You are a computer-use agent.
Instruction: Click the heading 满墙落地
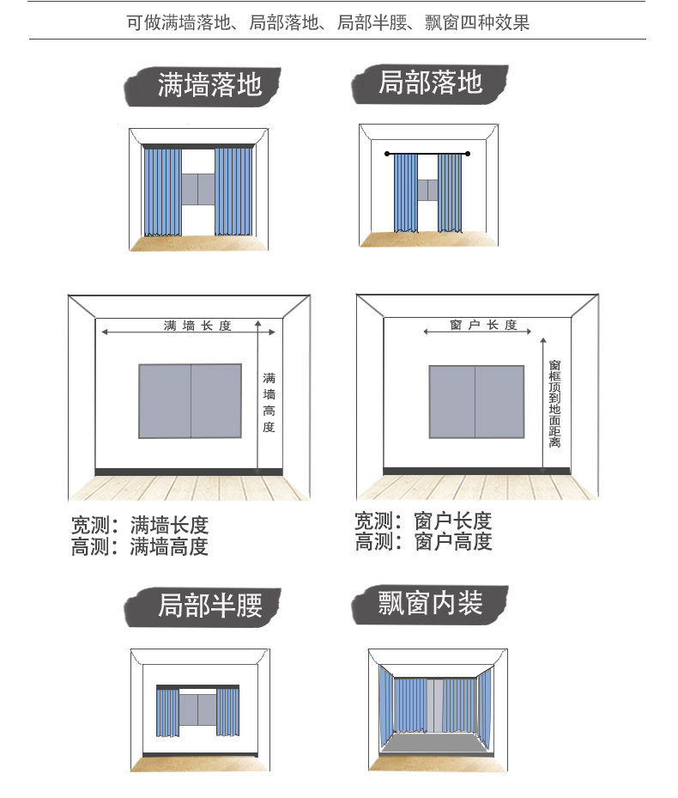point(209,84)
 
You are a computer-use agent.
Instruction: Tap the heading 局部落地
point(430,82)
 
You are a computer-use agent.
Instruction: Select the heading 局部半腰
point(209,605)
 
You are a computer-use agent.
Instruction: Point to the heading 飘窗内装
point(430,603)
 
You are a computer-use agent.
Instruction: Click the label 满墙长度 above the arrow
point(197,326)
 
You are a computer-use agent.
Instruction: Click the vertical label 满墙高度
point(269,402)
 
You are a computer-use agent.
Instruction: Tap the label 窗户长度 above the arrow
point(483,325)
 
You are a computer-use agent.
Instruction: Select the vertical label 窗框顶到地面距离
point(555,404)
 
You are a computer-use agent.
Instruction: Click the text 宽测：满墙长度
point(140,525)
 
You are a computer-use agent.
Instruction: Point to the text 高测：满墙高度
point(140,546)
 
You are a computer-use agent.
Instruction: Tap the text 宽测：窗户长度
point(423,521)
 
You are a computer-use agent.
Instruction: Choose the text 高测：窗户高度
point(423,542)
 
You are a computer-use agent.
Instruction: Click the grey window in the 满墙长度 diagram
point(190,400)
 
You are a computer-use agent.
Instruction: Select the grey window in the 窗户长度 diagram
point(476,401)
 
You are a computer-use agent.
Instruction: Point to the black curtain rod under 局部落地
point(428,154)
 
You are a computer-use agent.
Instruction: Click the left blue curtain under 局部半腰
point(167,712)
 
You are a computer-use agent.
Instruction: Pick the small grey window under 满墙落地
point(197,188)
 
